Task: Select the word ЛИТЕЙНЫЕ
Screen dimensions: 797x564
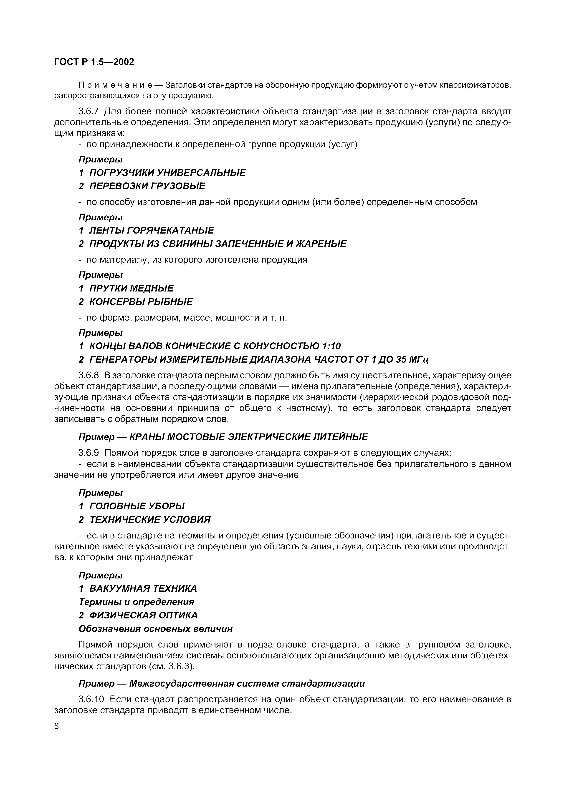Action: point(341,437)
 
